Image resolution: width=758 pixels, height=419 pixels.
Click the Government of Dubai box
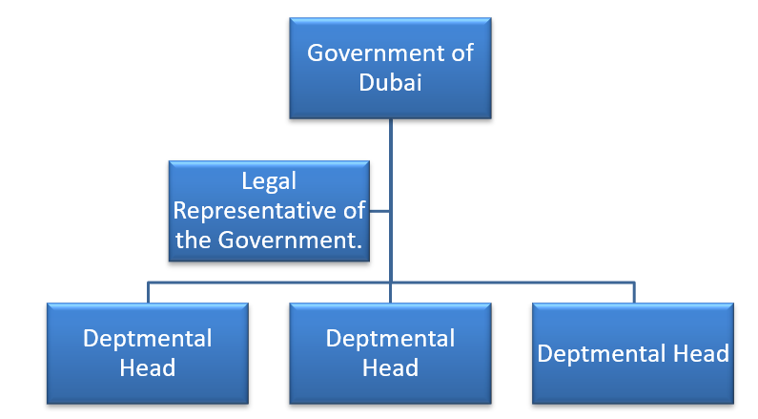click(x=390, y=68)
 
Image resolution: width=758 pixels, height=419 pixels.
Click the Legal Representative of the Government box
click(x=270, y=211)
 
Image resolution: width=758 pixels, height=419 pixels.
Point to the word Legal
click(x=269, y=181)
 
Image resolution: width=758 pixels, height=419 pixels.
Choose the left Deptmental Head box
click(x=148, y=353)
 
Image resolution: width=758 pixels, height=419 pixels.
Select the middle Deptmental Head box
click(x=390, y=353)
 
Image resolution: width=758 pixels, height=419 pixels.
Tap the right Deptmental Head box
click(x=633, y=353)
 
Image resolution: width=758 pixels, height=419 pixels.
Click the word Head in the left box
click(x=148, y=367)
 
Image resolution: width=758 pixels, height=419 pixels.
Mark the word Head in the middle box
click(x=390, y=367)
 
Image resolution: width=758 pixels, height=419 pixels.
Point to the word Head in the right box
click(x=702, y=354)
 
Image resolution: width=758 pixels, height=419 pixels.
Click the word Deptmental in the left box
click(x=148, y=338)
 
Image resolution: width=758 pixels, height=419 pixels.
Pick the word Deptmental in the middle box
click(x=390, y=338)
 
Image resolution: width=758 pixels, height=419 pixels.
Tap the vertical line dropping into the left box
click(x=148, y=292)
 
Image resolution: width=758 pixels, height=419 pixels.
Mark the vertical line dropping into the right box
click(x=633, y=292)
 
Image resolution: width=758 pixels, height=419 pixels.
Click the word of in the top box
click(x=461, y=52)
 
